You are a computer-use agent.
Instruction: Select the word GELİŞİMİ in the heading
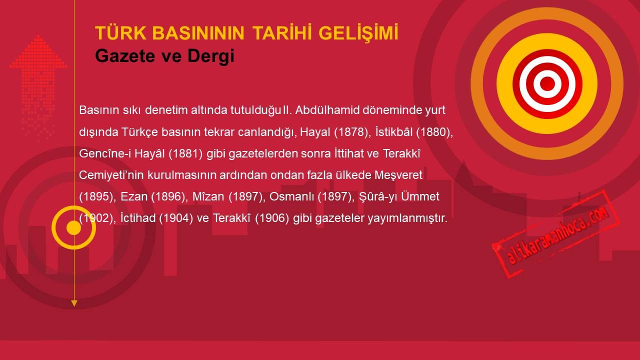pyautogui.click(x=358, y=33)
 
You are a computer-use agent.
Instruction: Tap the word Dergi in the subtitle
pyautogui.click(x=211, y=56)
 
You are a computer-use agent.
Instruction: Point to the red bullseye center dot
pyautogui.click(x=547, y=83)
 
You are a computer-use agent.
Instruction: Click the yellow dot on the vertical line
pyautogui.click(x=74, y=227)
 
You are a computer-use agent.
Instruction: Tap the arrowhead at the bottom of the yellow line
pyautogui.click(x=74, y=303)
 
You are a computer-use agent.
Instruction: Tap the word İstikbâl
pyautogui.click(x=394, y=131)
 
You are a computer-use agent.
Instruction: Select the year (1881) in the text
pyautogui.click(x=185, y=153)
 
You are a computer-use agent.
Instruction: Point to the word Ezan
pyautogui.click(x=134, y=196)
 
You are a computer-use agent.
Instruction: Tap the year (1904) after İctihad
pyautogui.click(x=176, y=218)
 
